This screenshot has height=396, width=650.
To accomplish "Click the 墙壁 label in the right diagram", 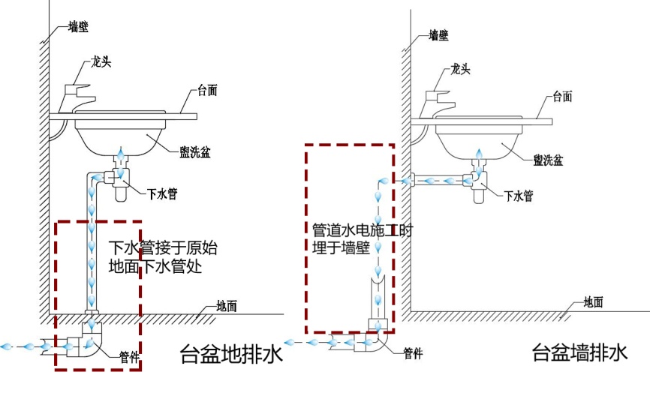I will coord(438,34).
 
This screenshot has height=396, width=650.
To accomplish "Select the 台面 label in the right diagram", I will coord(563,96).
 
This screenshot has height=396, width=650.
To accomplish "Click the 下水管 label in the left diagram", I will coord(163,193).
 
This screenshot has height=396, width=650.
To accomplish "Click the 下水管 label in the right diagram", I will coord(519,196).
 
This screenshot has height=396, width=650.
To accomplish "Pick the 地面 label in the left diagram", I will coord(227,305).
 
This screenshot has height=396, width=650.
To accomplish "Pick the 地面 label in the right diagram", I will coord(594,302).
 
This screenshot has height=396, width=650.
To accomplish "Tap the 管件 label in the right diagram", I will coord(414,352).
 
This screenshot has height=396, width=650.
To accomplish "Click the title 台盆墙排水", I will coord(578,352).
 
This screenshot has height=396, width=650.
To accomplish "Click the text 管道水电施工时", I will coord(363,230).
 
